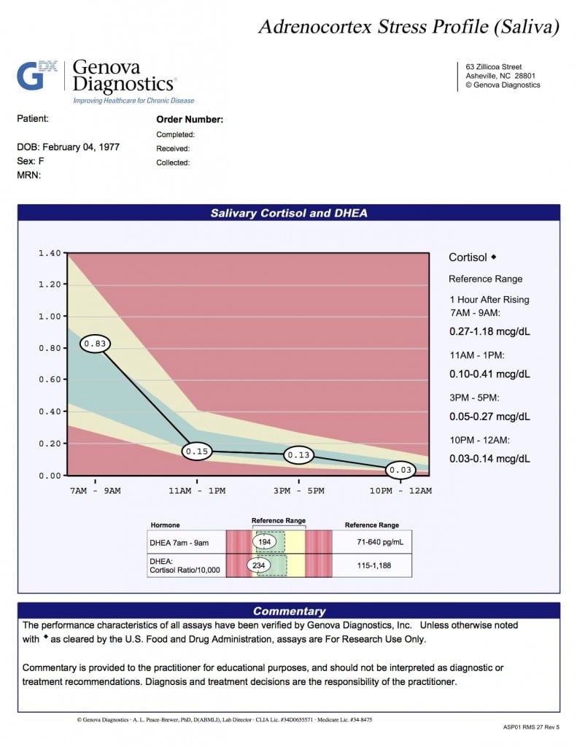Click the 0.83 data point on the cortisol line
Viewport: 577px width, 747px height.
pos(95,343)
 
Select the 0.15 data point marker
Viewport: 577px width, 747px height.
pos(197,452)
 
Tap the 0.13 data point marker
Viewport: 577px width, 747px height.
pos(298,455)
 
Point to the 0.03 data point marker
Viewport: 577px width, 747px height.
pos(400,470)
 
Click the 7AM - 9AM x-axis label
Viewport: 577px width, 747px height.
pos(95,491)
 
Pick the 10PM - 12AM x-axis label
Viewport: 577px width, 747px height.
pos(400,491)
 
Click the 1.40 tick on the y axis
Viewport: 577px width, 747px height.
pos(50,253)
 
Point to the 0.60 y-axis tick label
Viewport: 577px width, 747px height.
pos(50,380)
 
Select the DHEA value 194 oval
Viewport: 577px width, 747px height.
pos(264,542)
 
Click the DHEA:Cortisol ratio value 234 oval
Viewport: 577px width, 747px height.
pos(259,565)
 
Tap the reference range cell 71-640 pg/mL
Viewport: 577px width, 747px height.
pos(371,542)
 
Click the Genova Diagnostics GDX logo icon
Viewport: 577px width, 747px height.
pos(36,75)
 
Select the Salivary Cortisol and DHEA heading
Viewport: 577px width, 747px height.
pos(289,213)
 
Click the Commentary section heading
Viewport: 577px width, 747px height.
pos(289,611)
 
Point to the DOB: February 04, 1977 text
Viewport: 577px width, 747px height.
pos(69,147)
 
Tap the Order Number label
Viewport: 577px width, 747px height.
pos(190,120)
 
